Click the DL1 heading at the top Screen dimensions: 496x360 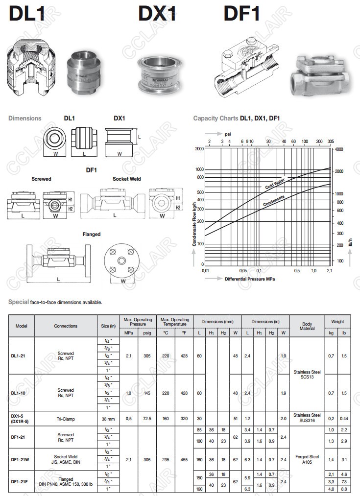point(27,13)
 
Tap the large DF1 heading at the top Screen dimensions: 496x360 point(241,13)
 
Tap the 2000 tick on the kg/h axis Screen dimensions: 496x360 point(199,148)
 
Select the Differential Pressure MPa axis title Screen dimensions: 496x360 point(250,279)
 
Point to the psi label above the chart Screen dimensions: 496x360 point(227,133)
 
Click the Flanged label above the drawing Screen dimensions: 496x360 point(91,234)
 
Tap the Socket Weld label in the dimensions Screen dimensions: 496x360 point(126,179)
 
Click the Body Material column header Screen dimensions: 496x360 point(307,326)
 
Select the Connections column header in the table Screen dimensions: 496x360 point(66,326)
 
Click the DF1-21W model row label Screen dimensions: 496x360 point(21,459)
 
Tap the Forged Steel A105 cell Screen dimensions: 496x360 point(307,459)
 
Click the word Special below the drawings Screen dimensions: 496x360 point(19,302)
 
